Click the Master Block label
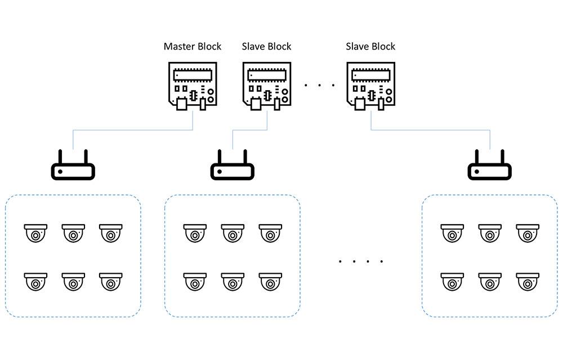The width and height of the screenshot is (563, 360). (193, 46)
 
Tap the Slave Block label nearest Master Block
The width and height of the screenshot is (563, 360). (267, 46)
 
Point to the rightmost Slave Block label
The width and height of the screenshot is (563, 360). (370, 46)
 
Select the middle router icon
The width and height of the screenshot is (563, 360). (233, 167)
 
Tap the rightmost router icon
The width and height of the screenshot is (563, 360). (490, 167)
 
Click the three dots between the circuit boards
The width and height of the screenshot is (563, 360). (319, 86)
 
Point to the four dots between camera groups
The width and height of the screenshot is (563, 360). (361, 261)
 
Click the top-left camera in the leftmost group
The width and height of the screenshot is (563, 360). (36, 233)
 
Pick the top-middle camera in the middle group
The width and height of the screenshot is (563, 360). (233, 233)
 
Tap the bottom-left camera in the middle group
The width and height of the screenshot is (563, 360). (195, 281)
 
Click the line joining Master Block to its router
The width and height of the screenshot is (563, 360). (138, 130)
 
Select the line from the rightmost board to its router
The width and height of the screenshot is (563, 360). (431, 130)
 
